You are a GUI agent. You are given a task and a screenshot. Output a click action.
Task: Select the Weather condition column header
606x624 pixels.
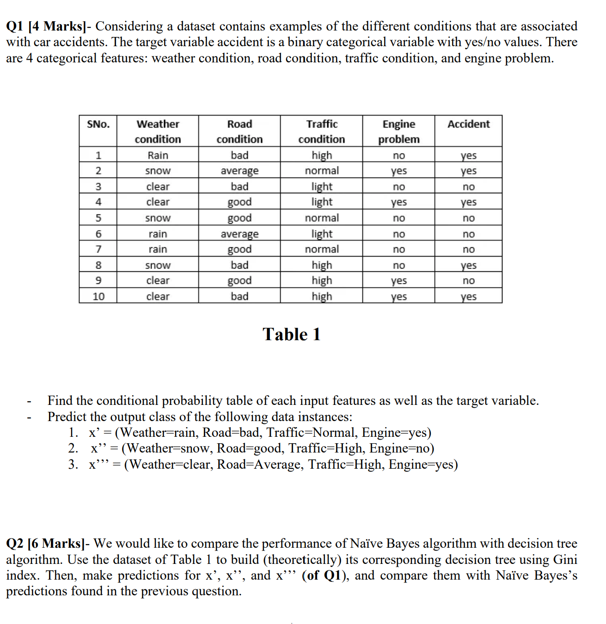[158, 131]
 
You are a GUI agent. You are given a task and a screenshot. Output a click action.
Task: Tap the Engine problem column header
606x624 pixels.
[398, 131]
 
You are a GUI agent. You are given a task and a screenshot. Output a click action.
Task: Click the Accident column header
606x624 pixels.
[468, 124]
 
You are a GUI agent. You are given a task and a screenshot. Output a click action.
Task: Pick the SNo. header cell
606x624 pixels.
[98, 124]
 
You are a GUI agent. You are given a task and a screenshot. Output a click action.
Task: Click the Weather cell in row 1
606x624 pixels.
[158, 155]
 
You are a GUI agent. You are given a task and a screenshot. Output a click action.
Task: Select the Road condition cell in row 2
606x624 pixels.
[239, 171]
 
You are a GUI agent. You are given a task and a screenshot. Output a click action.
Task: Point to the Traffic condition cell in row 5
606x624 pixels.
[322, 218]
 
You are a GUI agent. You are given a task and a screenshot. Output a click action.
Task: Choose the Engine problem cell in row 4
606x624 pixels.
[398, 202]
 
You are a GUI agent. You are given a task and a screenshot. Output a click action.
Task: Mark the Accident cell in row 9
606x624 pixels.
[468, 281]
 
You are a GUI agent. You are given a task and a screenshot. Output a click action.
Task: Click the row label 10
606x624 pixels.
[98, 296]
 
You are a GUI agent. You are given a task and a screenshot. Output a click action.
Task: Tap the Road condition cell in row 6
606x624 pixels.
[239, 234]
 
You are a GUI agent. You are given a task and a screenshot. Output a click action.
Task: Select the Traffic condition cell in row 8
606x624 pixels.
[322, 265]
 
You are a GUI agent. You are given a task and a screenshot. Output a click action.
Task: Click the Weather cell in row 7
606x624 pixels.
[158, 249]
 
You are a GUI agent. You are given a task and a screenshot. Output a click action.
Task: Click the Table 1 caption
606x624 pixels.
[292, 334]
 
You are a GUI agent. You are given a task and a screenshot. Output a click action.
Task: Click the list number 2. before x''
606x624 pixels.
[73, 448]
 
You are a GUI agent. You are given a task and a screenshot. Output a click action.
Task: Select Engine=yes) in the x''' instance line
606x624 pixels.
[423, 464]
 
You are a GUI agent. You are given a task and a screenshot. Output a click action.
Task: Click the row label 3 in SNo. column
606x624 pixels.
[98, 187]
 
